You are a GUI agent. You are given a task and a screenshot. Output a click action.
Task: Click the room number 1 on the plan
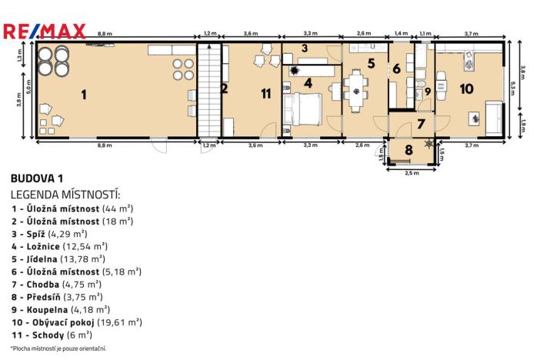click(x=83, y=95)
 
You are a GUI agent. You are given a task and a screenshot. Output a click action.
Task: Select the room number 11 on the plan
click(x=266, y=94)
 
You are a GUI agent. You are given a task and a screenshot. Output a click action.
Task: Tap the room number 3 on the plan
click(x=305, y=48)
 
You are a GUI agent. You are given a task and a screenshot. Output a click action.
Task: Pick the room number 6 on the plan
click(x=397, y=68)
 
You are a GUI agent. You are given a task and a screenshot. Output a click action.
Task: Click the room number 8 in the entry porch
click(x=409, y=150)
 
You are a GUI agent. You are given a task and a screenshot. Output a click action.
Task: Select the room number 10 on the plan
click(x=466, y=88)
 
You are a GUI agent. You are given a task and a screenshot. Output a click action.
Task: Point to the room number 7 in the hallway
click(x=420, y=123)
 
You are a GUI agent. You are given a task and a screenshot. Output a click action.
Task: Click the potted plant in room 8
click(x=428, y=144)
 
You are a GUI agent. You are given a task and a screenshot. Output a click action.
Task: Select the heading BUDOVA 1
click(x=37, y=178)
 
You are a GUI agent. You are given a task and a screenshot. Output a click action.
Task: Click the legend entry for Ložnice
click(x=58, y=245)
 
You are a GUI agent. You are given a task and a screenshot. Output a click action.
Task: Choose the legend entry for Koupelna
click(x=65, y=309)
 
